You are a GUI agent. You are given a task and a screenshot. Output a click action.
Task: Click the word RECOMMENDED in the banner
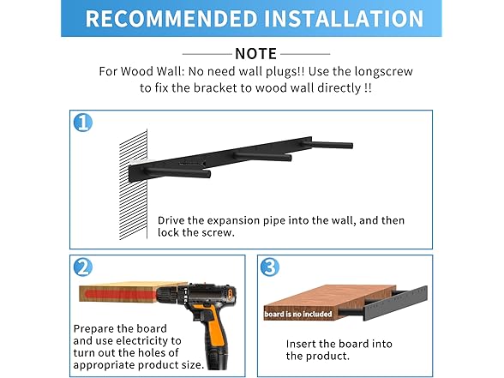[171, 18]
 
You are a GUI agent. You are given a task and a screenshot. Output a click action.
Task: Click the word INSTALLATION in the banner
[344, 18]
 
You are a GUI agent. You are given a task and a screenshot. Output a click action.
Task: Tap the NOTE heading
[255, 54]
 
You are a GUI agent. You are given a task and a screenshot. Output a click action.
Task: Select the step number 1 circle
[83, 123]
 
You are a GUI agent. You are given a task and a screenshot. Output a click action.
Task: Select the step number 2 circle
[83, 267]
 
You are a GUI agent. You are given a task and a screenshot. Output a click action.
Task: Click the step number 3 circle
[269, 267]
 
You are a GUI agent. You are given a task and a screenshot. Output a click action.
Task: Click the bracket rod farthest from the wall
[332, 144]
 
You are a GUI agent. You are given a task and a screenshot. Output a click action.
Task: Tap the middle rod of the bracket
[263, 156]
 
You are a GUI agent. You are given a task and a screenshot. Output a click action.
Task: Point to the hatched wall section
[134, 185]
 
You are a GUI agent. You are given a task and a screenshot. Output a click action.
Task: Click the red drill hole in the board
[120, 295]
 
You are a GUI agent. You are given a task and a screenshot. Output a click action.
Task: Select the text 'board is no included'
[298, 314]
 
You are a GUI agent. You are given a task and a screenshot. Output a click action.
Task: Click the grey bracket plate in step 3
[395, 303]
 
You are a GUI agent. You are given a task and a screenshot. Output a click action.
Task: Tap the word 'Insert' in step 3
[301, 344]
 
